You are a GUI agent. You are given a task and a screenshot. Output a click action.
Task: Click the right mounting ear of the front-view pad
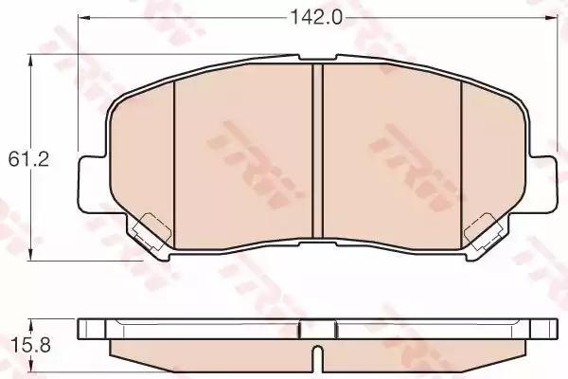tap(544, 179)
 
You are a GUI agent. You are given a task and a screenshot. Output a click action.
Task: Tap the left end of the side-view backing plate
tap(84, 329)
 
